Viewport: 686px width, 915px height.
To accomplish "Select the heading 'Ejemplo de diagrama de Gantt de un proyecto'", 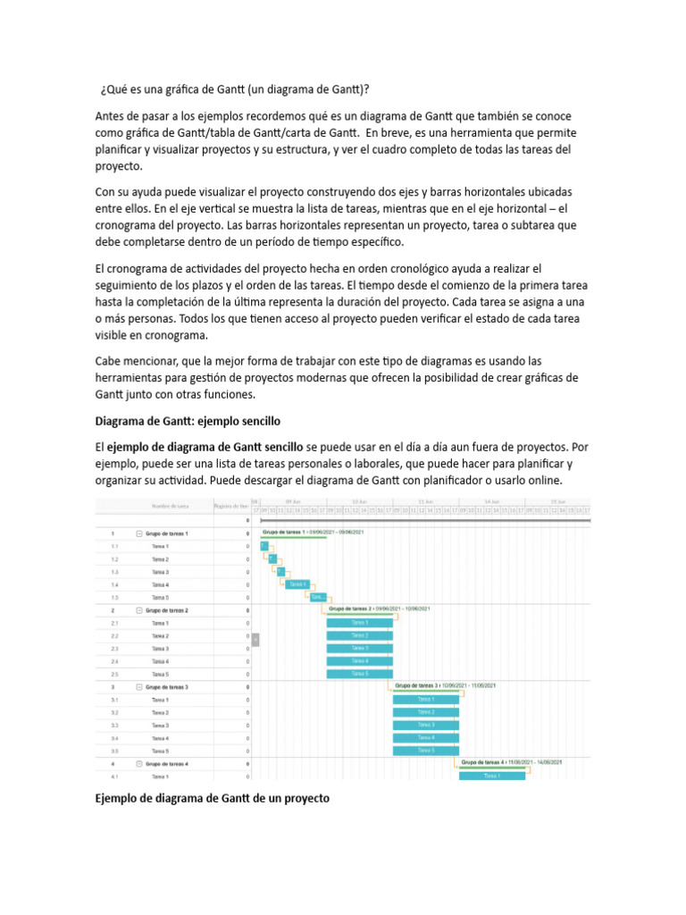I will tap(213, 798).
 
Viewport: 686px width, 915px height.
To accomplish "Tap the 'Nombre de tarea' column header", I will tap(170, 506).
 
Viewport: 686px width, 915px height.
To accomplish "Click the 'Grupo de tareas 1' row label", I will tap(167, 533).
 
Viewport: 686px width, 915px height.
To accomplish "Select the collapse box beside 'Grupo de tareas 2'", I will tap(139, 610).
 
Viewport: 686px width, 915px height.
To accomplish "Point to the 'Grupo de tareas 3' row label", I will tap(167, 687).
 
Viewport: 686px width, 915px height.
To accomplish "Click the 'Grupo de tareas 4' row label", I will tap(167, 764).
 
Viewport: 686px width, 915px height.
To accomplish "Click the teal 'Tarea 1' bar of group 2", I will tap(360, 623).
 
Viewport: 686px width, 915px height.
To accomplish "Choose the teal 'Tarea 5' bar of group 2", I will tap(360, 674).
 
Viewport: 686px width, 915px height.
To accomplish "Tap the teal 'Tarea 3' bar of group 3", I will tap(426, 725).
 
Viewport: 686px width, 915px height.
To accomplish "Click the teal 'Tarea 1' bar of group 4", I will tap(492, 776).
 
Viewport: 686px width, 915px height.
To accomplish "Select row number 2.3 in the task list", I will tap(114, 649).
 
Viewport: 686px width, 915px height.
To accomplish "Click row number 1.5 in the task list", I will tap(114, 597).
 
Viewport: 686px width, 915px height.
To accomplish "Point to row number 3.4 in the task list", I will tap(114, 738).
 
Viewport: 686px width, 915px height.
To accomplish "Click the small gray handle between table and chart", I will tap(255, 639).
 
